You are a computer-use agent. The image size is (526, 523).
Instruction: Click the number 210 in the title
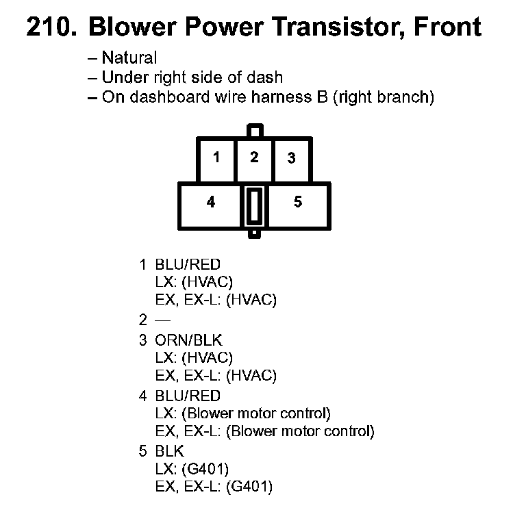pyautogui.click(x=52, y=27)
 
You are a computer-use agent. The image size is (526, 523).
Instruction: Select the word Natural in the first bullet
pyautogui.click(x=129, y=58)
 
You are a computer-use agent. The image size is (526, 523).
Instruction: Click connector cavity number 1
pyautogui.click(x=216, y=157)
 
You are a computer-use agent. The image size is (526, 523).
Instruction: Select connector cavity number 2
pyautogui.click(x=254, y=157)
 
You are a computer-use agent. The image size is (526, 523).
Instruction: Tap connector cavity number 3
pyautogui.click(x=292, y=158)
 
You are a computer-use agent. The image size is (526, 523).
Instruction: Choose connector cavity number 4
pyautogui.click(x=211, y=203)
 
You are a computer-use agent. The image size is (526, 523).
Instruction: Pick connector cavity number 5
pyautogui.click(x=297, y=203)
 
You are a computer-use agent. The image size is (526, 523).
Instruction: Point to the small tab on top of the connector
pyautogui.click(x=254, y=130)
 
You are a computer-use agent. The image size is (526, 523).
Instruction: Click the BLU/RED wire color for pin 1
pyautogui.click(x=188, y=264)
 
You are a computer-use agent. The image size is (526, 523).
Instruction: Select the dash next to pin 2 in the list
pyautogui.click(x=162, y=319)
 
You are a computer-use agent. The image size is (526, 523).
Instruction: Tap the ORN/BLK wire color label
pyautogui.click(x=188, y=340)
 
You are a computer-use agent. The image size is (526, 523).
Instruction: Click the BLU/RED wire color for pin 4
pyautogui.click(x=188, y=396)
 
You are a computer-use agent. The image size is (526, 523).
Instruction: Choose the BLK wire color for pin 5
pyautogui.click(x=169, y=451)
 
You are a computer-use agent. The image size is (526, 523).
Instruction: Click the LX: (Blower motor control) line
pyautogui.click(x=243, y=413)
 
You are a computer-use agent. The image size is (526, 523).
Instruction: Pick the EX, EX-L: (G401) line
pyautogui.click(x=214, y=487)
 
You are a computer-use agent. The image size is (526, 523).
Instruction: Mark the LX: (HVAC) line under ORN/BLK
pyautogui.click(x=195, y=358)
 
